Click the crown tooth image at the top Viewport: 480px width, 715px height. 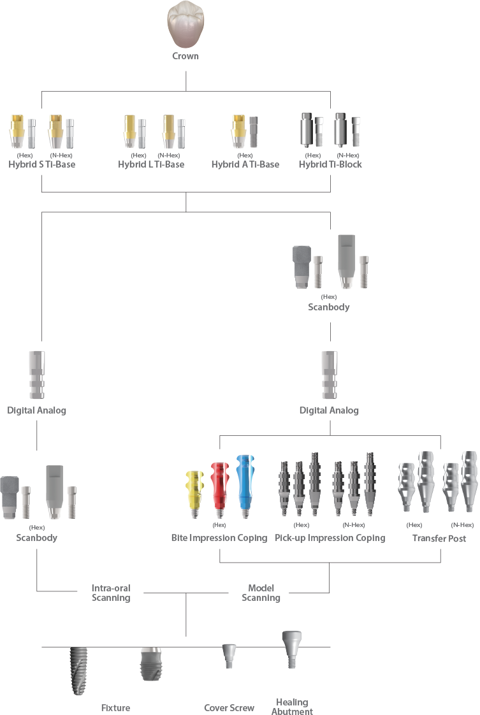[185, 25]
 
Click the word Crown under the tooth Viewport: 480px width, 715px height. [185, 56]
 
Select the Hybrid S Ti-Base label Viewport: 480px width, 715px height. [42, 164]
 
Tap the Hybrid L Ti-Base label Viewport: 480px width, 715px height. [151, 164]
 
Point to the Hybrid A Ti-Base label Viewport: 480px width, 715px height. [245, 164]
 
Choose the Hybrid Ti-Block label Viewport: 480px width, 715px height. [330, 164]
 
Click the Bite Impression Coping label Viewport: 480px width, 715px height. [219, 538]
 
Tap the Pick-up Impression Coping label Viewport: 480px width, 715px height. [330, 538]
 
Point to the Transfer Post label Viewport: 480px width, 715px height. [439, 538]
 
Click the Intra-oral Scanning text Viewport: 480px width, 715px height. [111, 593]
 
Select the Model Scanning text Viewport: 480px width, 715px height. [261, 593]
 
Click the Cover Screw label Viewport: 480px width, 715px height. [229, 707]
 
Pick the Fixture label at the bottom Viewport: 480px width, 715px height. [115, 707]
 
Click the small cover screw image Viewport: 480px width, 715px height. [227, 655]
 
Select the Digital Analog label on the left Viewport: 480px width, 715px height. [37, 410]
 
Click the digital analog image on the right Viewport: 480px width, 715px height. [329, 375]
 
